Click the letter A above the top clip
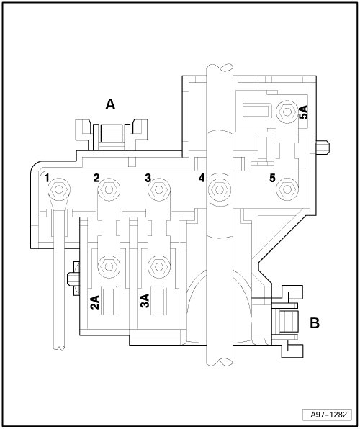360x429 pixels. click(110, 104)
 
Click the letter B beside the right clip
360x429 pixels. click(315, 323)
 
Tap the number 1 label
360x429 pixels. click(47, 178)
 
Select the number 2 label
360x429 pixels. click(96, 178)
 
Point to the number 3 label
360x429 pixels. click(148, 178)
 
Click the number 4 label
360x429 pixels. click(202, 178)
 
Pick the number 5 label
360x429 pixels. click(272, 178)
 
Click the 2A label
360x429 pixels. click(95, 302)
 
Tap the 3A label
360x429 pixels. click(145, 301)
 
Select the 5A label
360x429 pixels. click(303, 112)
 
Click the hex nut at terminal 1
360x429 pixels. click(59, 189)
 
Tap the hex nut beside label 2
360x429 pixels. click(109, 189)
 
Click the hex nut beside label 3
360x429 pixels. click(159, 189)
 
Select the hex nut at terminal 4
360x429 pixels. click(220, 189)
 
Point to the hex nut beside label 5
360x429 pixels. click(287, 189)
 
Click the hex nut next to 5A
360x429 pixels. click(287, 112)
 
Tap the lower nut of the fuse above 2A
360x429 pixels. click(109, 266)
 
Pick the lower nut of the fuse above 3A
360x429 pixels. click(159, 266)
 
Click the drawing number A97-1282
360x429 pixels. click(328, 415)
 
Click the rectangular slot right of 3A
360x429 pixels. click(159, 301)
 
